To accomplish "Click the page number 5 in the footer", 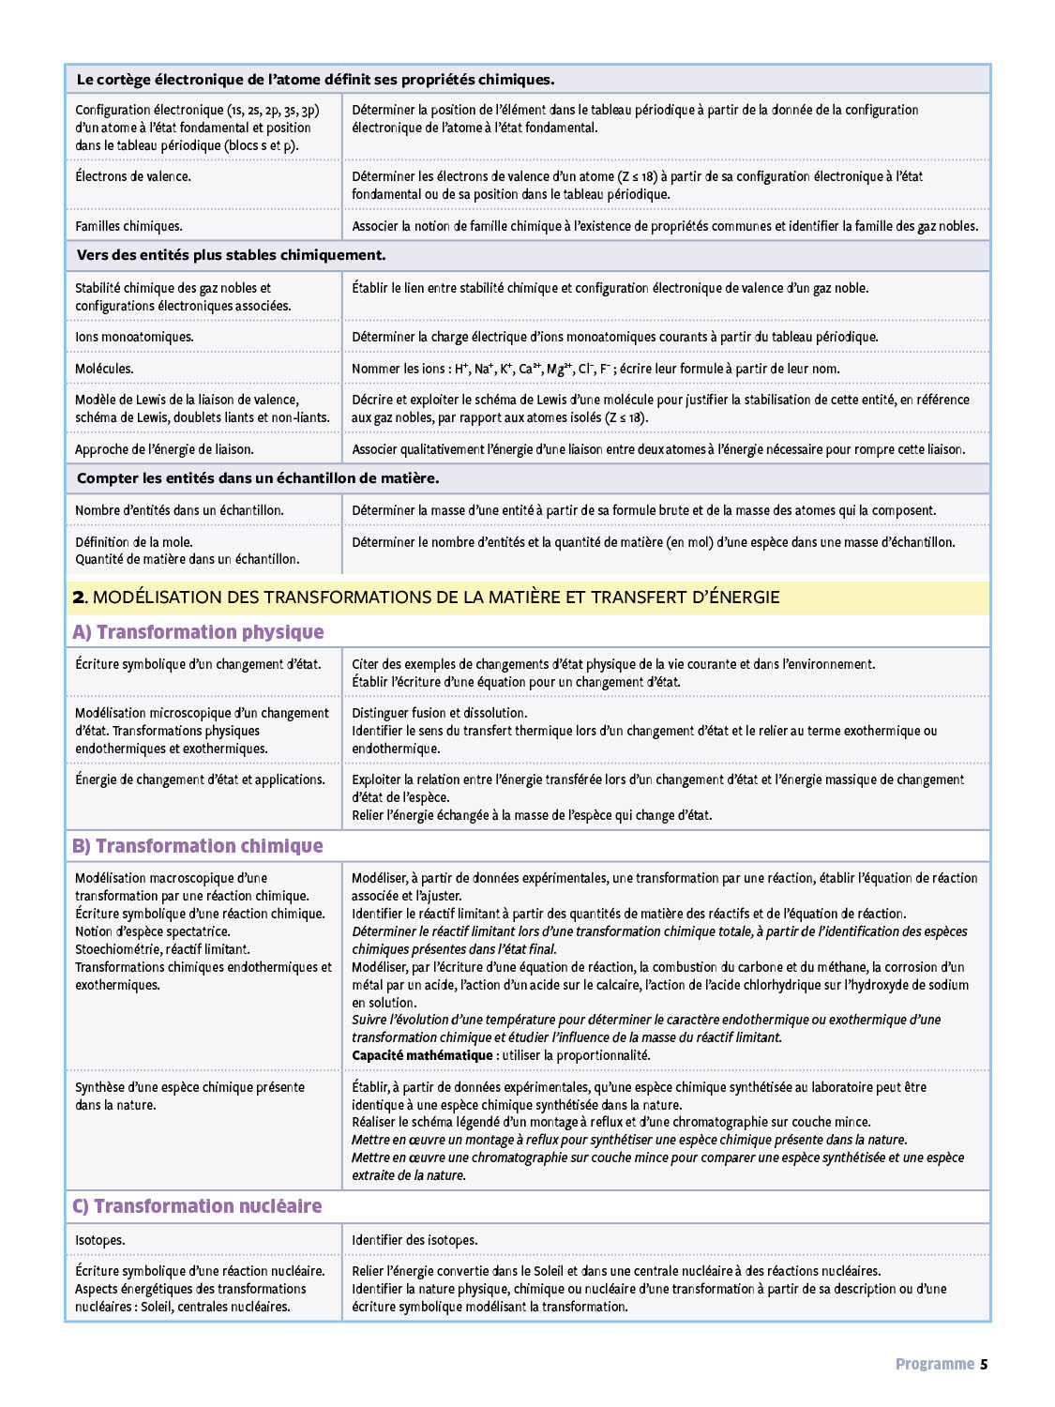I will coord(984,1364).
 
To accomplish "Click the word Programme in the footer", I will coord(934,1364).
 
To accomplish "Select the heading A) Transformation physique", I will coord(198,632).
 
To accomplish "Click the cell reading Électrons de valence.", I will coord(133,176).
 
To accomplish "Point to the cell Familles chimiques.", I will coord(128,226).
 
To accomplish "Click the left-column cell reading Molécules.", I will coord(104,369).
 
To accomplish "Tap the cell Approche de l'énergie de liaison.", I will coord(164,449).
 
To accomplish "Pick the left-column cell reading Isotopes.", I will coord(99,1240).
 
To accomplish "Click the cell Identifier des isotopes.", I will coord(414,1240).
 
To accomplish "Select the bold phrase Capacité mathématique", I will coord(422,1055).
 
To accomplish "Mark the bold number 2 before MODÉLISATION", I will coord(79,598).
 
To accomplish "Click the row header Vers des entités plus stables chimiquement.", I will coord(231,255).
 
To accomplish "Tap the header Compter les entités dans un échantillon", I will coord(258,478).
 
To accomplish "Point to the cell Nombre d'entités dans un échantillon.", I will coord(179,510).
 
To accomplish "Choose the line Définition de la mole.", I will coord(133,542).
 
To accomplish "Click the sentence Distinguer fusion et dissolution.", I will coord(439,713).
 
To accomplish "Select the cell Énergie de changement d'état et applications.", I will coord(200,779).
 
